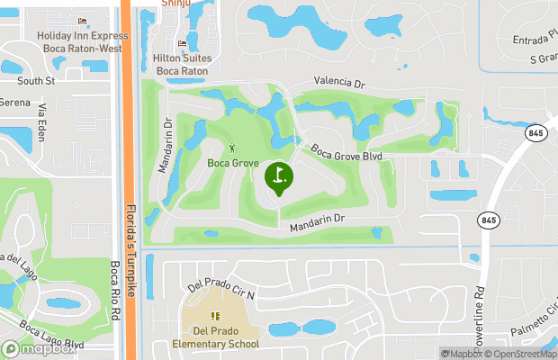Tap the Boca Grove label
click(x=232, y=163)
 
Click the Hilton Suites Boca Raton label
click(x=184, y=64)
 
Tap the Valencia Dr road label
click(x=339, y=82)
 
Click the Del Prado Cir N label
click(x=221, y=289)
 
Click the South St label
click(x=37, y=81)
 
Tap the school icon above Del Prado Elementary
click(x=214, y=316)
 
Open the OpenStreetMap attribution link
click(x=521, y=354)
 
